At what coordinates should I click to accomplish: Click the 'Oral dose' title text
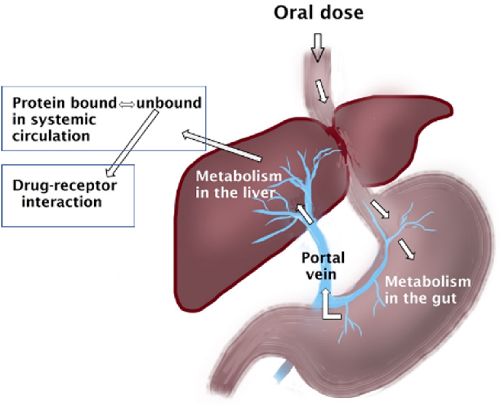tap(318, 13)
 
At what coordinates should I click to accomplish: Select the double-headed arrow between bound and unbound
tap(127, 104)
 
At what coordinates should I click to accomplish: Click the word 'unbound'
tap(169, 103)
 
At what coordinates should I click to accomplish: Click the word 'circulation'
tap(51, 136)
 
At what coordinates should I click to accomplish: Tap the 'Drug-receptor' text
tap(65, 186)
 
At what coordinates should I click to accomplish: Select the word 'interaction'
tap(62, 202)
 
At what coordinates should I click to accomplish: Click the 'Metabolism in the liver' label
tap(238, 184)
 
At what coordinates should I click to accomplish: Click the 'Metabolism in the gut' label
tap(427, 290)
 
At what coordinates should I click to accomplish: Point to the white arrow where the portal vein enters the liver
tap(305, 214)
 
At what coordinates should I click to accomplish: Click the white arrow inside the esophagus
tap(321, 91)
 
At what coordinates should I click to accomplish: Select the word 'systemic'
tap(63, 120)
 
